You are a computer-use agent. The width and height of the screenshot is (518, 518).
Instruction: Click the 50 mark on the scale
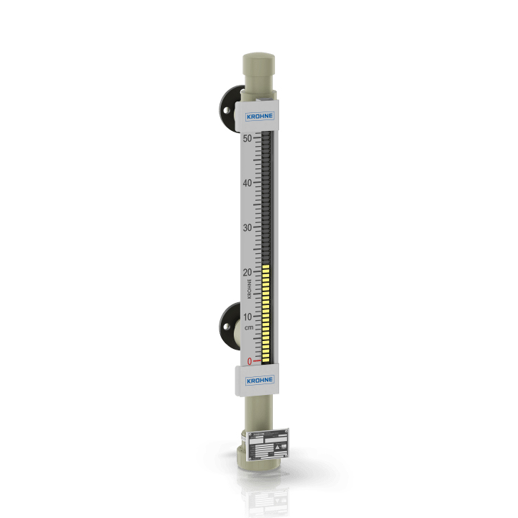click(247, 138)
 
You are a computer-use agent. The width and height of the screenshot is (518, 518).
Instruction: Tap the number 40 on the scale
click(247, 183)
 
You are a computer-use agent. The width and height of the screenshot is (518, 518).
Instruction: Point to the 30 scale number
click(247, 227)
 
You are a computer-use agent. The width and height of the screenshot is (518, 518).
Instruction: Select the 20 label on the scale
click(247, 272)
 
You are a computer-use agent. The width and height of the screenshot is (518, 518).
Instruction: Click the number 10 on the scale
click(247, 317)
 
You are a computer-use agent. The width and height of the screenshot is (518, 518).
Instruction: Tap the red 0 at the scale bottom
click(249, 361)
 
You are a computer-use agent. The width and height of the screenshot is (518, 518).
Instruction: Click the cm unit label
click(248, 328)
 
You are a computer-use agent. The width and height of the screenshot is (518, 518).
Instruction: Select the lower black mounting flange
click(230, 324)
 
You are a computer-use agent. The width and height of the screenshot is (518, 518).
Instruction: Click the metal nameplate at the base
click(271, 444)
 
